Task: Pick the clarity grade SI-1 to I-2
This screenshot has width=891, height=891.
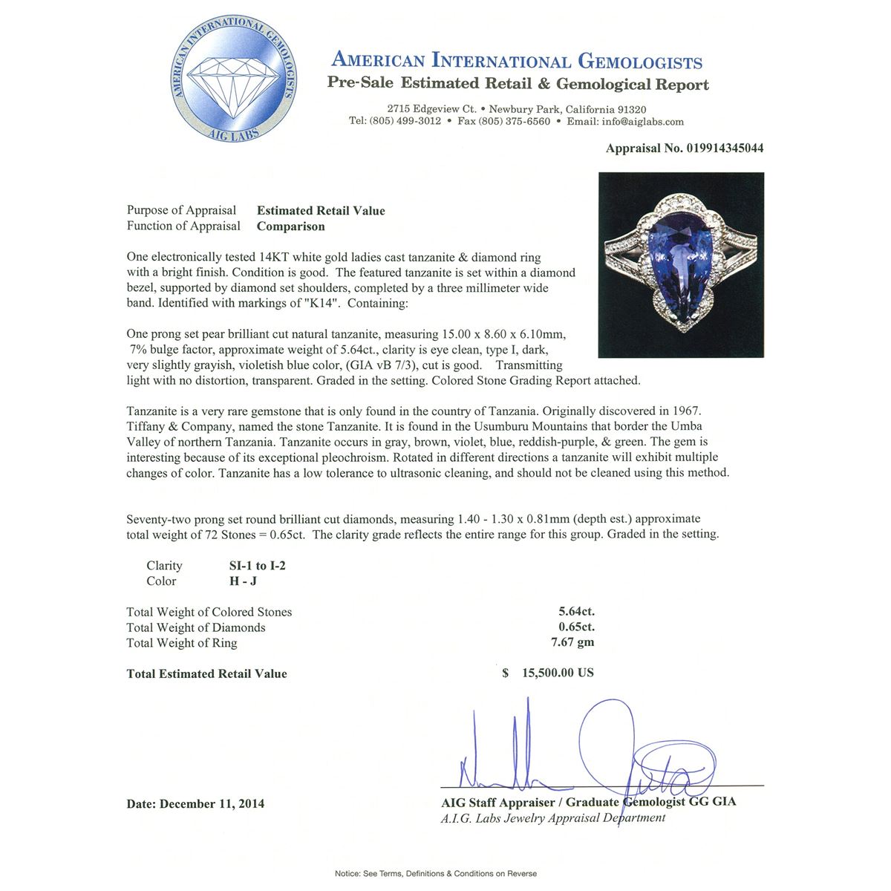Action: click(258, 566)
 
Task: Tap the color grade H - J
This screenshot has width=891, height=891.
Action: click(243, 581)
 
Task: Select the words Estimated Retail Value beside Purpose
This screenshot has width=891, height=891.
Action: click(321, 211)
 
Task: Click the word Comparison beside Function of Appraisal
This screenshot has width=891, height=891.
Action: click(290, 226)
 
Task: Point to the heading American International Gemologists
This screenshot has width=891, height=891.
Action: click(517, 61)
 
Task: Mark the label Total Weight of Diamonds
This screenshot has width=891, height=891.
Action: click(196, 627)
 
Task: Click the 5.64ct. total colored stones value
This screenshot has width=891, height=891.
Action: click(576, 612)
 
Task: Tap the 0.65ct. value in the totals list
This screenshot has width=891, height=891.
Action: click(576, 627)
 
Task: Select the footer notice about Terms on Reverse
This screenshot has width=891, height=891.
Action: click(436, 874)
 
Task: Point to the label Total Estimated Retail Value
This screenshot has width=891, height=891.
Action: click(206, 674)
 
